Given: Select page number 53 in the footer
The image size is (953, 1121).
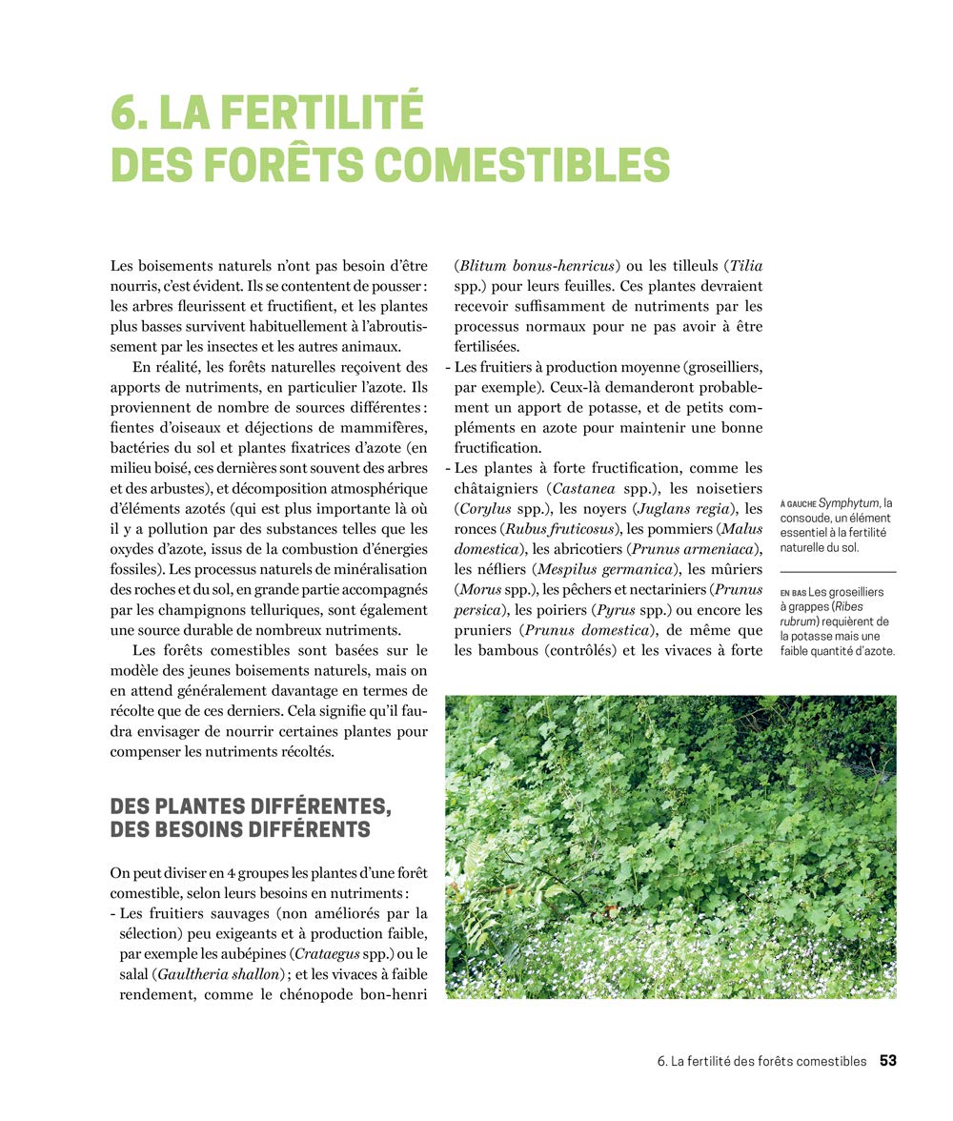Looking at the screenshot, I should [x=888, y=1060].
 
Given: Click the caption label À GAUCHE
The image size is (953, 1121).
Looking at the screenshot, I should [x=798, y=503].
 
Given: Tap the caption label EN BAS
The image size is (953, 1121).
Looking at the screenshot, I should [x=793, y=593].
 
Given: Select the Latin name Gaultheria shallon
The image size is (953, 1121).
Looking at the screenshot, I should [x=219, y=973].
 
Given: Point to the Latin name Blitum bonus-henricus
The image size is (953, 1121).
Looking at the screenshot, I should [x=537, y=265].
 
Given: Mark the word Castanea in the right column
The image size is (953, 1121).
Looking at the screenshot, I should [x=581, y=488].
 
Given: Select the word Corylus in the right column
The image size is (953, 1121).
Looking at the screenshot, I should [x=486, y=508].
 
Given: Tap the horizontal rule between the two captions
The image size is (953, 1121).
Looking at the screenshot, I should [x=838, y=571].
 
